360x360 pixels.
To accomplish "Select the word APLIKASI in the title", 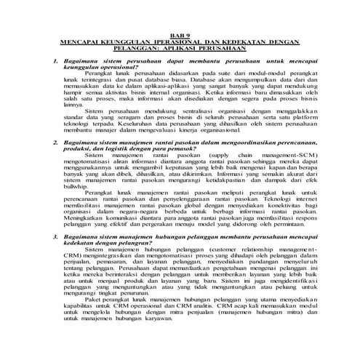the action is [210, 49].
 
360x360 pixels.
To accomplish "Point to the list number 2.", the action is [47, 145].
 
